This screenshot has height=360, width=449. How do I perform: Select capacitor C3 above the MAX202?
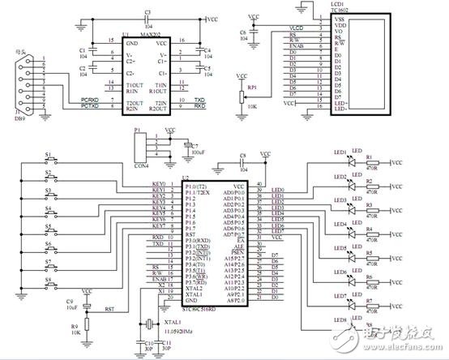coord(147,19)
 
